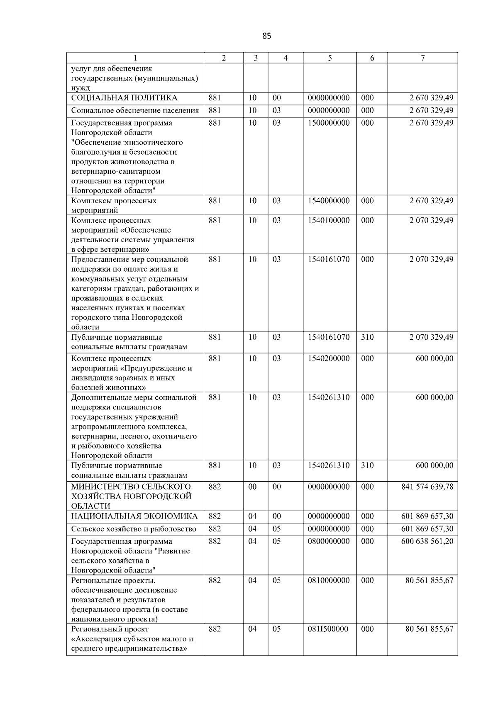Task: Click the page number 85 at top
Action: tap(266, 36)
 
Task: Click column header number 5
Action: tap(330, 58)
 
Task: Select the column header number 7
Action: tap(422, 58)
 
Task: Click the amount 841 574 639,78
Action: tap(427, 487)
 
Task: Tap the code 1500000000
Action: tap(329, 123)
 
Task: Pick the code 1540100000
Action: tap(329, 220)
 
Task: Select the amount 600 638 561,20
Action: tap(427, 541)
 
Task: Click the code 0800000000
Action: tap(329, 541)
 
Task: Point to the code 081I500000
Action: tap(328, 629)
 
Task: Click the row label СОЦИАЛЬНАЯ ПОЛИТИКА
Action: tap(124, 98)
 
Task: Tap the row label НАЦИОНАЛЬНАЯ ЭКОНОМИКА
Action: tap(134, 516)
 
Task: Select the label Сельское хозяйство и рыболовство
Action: tap(134, 529)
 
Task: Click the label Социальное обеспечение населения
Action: tap(135, 110)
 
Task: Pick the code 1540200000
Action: tap(329, 358)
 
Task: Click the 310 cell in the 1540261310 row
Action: tap(367, 465)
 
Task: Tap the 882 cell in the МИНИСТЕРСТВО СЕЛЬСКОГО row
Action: tap(215, 487)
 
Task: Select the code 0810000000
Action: tap(329, 580)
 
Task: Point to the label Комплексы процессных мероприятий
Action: tap(114, 205)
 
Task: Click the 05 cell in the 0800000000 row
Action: tap(276, 541)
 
